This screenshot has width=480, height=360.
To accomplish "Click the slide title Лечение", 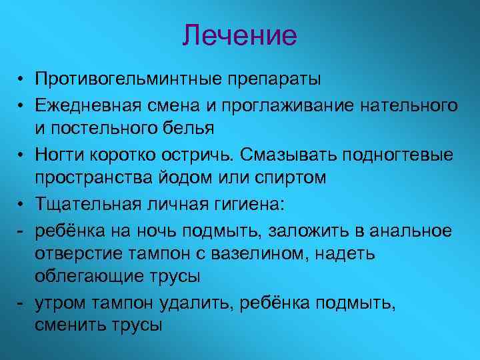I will (239, 35).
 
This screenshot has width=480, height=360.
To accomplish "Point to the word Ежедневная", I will (88, 105).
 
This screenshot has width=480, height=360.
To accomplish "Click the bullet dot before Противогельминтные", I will (22, 81).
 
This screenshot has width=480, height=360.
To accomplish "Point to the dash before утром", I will (21, 303).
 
